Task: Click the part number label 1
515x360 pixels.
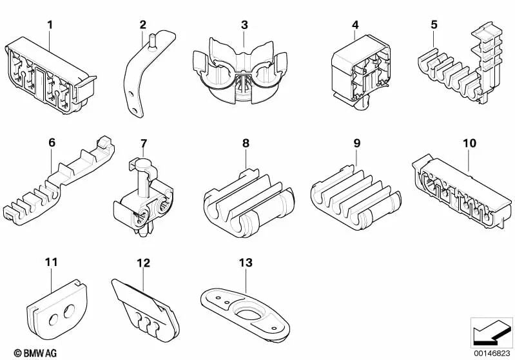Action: coord(50,25)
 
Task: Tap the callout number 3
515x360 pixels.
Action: coord(244,25)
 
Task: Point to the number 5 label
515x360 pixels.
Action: coord(434,25)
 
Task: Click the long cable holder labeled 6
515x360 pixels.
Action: coord(62,184)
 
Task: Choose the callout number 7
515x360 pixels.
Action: coord(144,142)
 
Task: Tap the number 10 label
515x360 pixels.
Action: coord(469,142)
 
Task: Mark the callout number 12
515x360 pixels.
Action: coord(143,263)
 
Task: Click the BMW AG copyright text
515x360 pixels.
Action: coord(24,352)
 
